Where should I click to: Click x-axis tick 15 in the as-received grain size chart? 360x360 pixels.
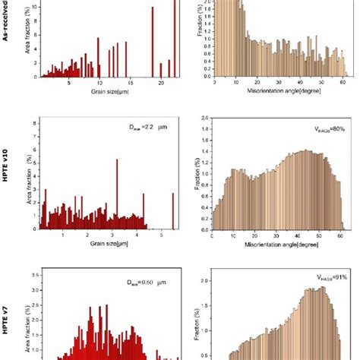[x=130, y=83]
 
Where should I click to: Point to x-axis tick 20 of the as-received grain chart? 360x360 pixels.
[x=161, y=83]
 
